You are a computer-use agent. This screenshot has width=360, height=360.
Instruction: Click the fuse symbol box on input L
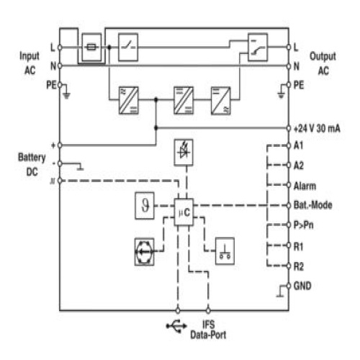[91, 47]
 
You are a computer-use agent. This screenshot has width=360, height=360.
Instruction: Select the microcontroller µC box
[184, 212]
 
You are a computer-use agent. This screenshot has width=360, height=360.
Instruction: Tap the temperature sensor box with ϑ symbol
[145, 205]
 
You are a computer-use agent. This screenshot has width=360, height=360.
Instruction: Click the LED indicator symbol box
[184, 153]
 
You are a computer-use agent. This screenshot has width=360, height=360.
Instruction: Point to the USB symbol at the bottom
[176, 326]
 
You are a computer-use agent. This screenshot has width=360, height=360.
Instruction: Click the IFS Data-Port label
[208, 330]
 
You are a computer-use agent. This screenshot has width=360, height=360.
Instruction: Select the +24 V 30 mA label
[317, 128]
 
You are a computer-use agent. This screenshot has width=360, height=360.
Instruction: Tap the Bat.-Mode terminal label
[313, 205]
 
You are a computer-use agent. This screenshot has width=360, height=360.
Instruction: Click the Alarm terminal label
[305, 186]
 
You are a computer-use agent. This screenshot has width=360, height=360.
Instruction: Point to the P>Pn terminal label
[304, 225]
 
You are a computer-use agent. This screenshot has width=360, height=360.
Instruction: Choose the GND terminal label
[302, 286]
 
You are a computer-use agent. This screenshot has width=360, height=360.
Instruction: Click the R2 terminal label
[299, 266]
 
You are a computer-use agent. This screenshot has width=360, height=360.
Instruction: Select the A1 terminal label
[298, 145]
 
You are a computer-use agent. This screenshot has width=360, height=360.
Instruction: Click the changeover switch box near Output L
[258, 48]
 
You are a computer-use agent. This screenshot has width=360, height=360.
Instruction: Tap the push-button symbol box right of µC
[225, 251]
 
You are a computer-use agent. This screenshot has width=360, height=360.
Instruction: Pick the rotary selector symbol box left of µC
[144, 252]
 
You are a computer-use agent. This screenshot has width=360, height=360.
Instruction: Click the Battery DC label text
[32, 165]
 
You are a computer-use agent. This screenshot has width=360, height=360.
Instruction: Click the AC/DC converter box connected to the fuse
[129, 100]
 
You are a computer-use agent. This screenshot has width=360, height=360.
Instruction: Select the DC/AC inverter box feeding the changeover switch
[221, 101]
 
